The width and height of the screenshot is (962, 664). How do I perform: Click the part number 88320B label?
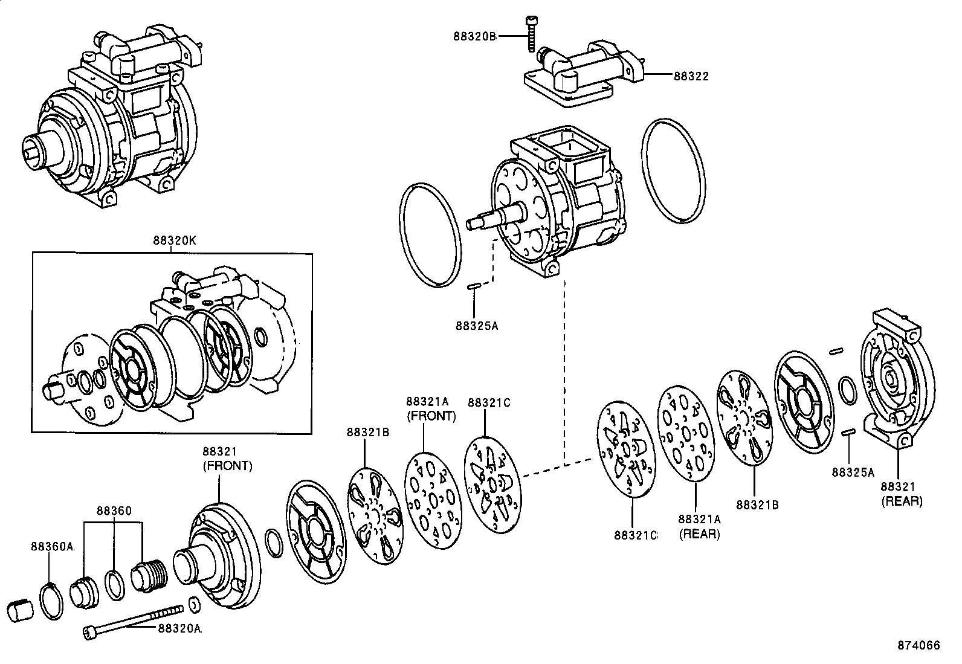474,36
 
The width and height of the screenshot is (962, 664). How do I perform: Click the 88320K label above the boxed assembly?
174,240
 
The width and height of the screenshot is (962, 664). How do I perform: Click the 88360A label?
52,547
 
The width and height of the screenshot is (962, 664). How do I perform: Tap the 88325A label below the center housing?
477,326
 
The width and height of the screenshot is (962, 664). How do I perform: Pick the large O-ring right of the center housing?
675,171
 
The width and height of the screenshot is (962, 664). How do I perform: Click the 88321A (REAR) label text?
699,527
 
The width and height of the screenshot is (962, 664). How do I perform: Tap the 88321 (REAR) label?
901,494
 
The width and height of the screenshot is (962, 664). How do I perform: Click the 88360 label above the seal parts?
114,511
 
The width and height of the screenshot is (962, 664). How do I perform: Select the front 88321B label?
367,431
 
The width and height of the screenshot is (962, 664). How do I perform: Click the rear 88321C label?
635,535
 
